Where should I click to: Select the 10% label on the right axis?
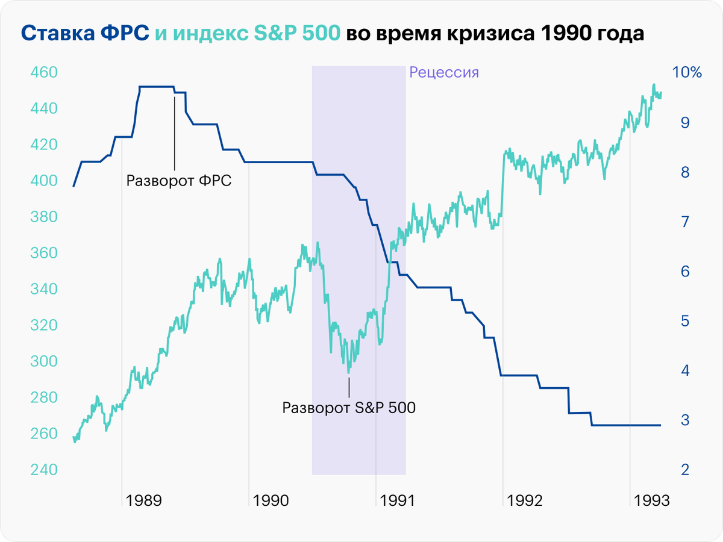click(687, 73)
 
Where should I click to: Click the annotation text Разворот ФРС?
click(179, 181)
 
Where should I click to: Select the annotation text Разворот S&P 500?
click(349, 407)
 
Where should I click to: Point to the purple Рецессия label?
click(444, 73)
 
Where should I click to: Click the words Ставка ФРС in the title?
click(86, 34)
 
